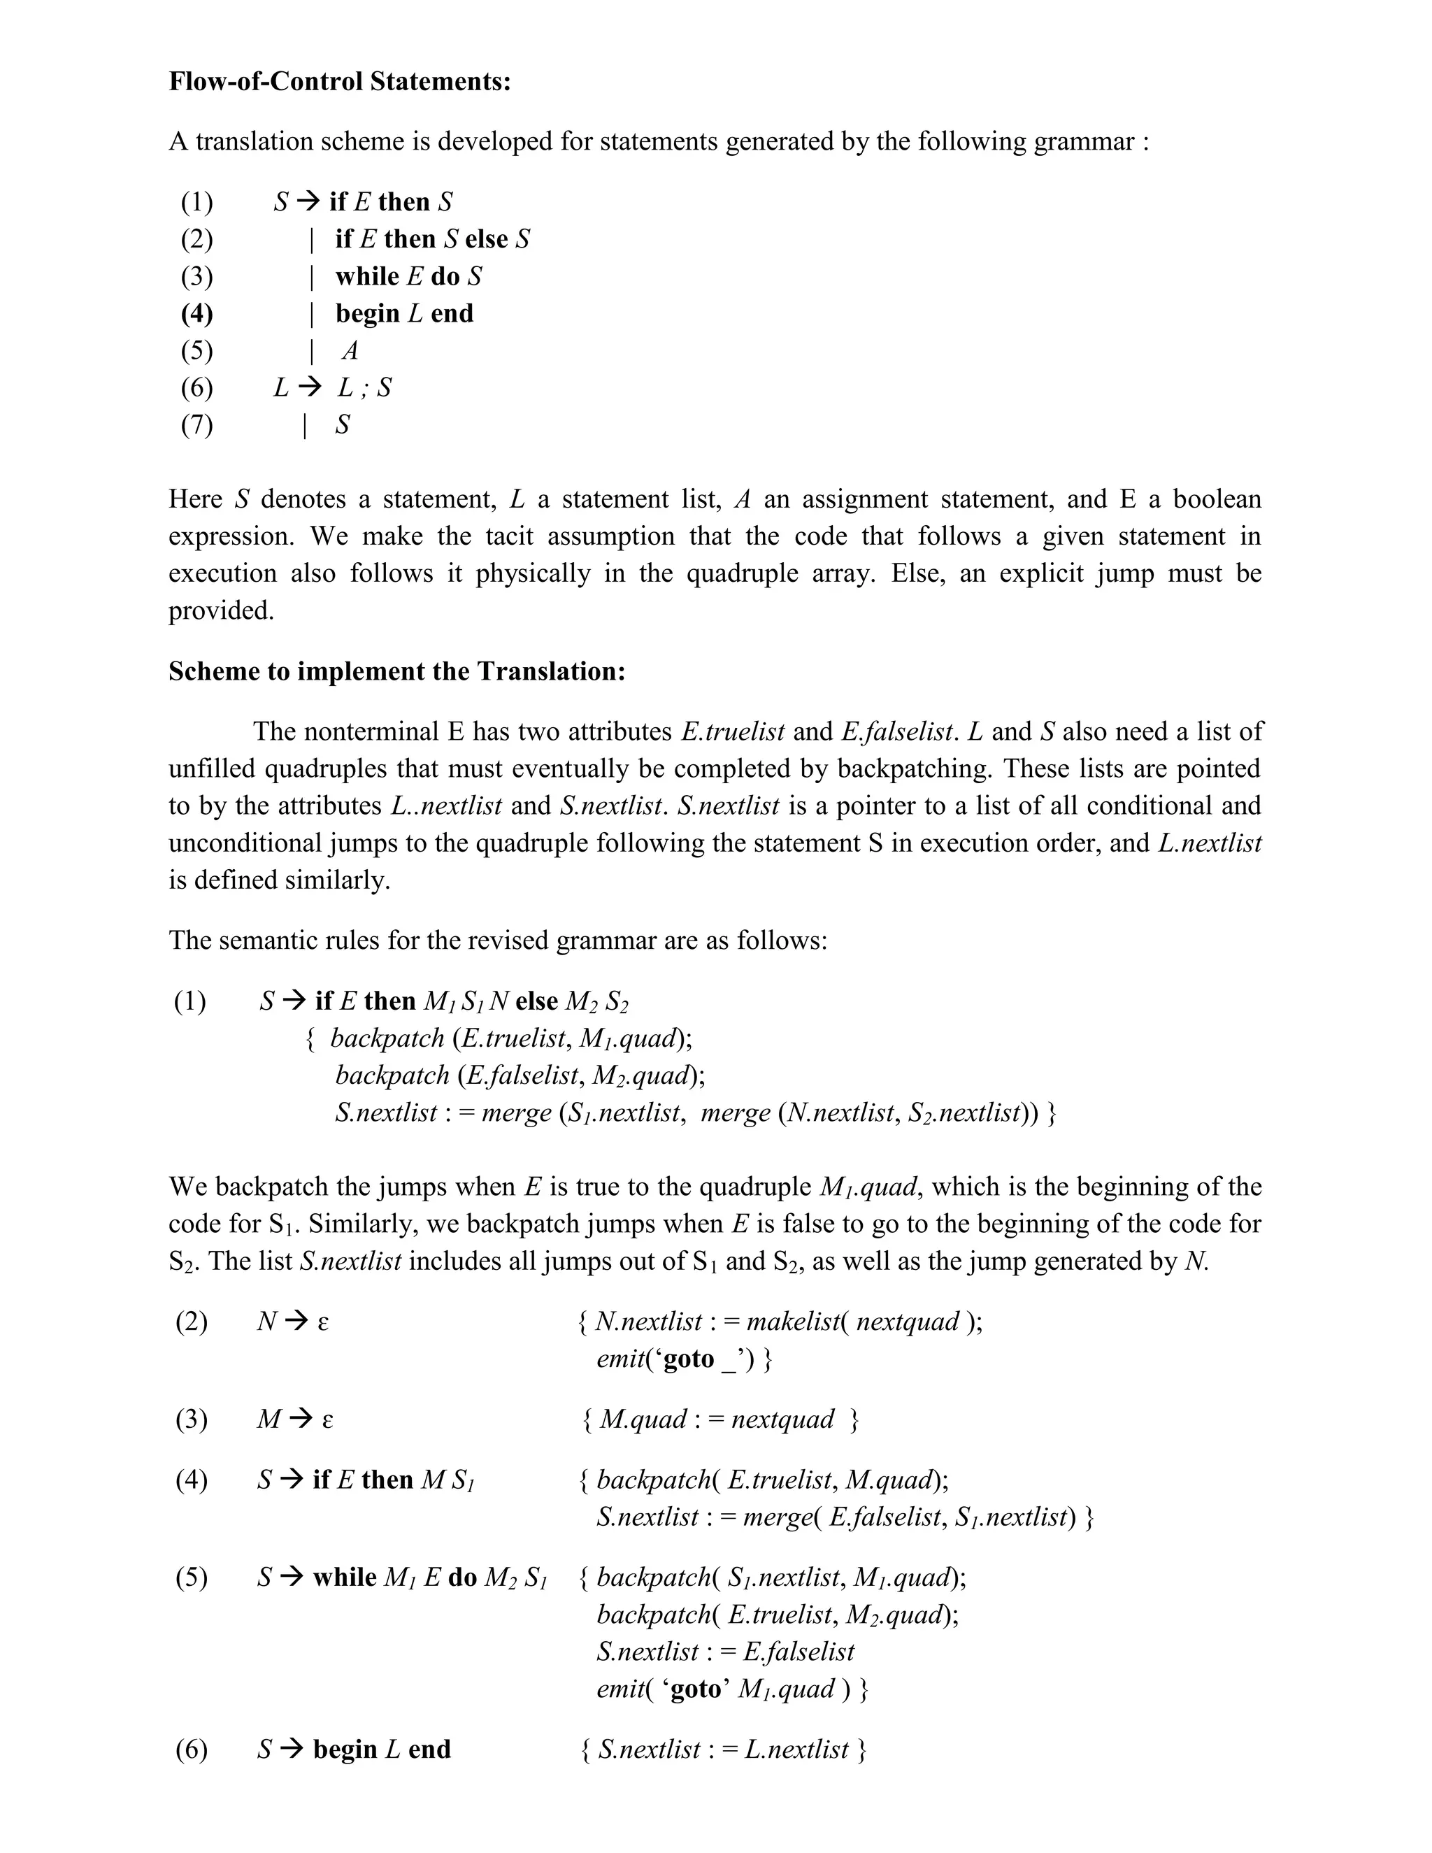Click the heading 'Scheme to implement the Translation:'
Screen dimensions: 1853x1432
pos(396,671)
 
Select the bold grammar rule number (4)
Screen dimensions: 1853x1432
pos(196,313)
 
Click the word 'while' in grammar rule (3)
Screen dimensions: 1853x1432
pos(367,277)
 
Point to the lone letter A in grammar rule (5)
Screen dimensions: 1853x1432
pos(350,350)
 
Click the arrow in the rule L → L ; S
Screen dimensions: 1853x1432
pos(310,388)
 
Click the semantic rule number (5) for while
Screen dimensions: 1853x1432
pos(192,1577)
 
